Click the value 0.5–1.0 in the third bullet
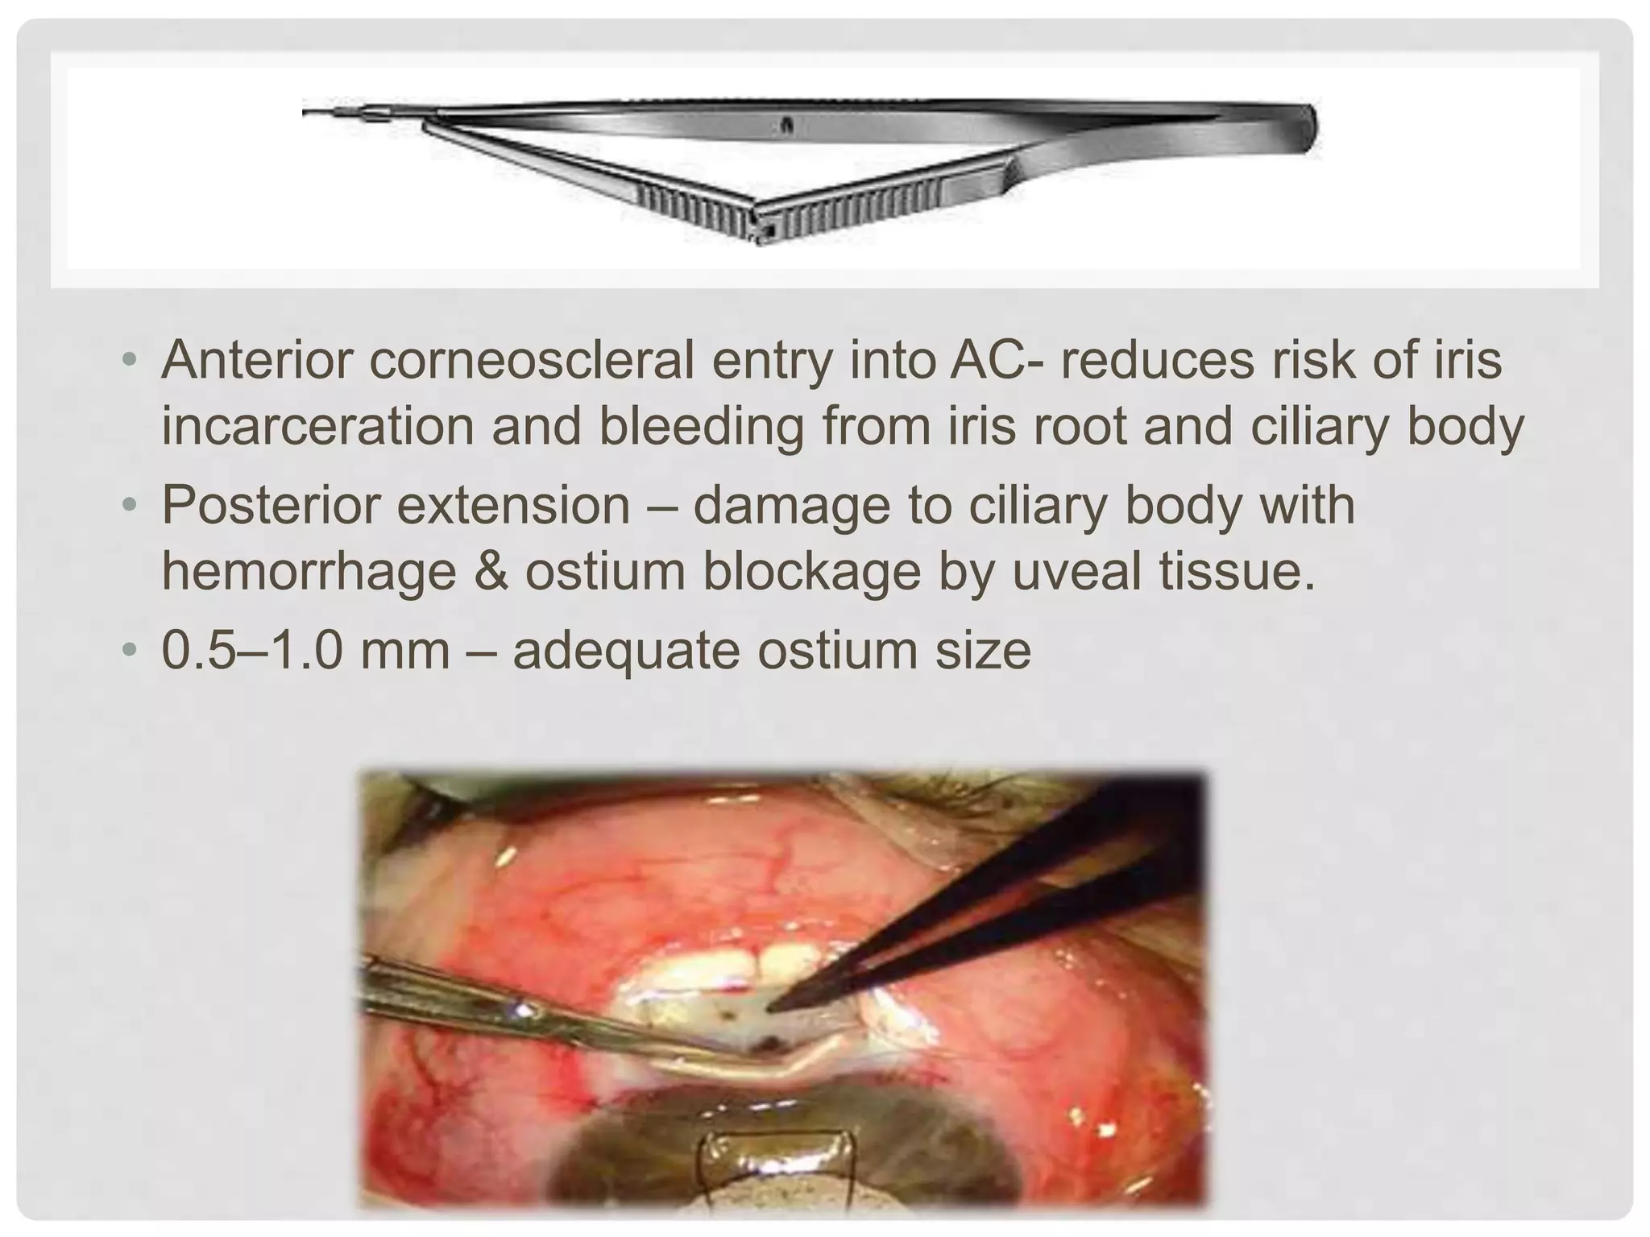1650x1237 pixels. pyautogui.click(x=251, y=650)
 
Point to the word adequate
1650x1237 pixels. pyautogui.click(x=626, y=650)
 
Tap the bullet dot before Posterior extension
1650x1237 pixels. pyautogui.click(x=130, y=507)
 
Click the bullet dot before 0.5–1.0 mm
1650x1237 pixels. pyautogui.click(x=130, y=651)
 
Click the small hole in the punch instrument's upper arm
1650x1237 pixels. pyautogui.click(x=787, y=125)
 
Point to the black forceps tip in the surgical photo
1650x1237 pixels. pyautogui.click(x=775, y=1005)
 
